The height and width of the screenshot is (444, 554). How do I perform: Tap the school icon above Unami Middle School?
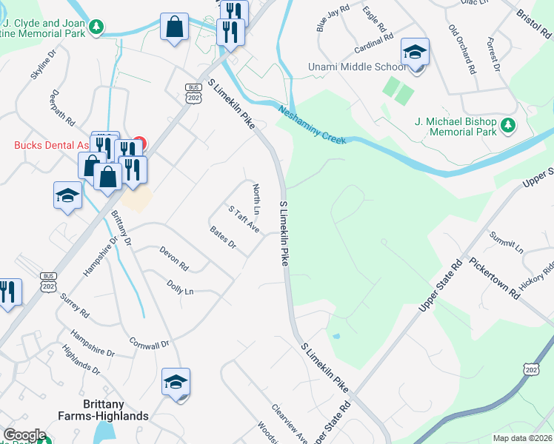tap(415, 53)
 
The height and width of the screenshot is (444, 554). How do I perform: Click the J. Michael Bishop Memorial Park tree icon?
tap(508, 126)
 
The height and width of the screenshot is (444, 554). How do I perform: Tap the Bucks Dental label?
tap(44, 145)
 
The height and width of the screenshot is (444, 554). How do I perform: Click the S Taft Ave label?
tap(244, 219)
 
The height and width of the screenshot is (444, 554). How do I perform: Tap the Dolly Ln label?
tap(180, 288)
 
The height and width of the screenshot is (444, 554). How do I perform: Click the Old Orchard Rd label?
tap(461, 50)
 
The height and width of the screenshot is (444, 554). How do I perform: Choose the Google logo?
tap(24, 435)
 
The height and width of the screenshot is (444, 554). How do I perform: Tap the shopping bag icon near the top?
tap(175, 28)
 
